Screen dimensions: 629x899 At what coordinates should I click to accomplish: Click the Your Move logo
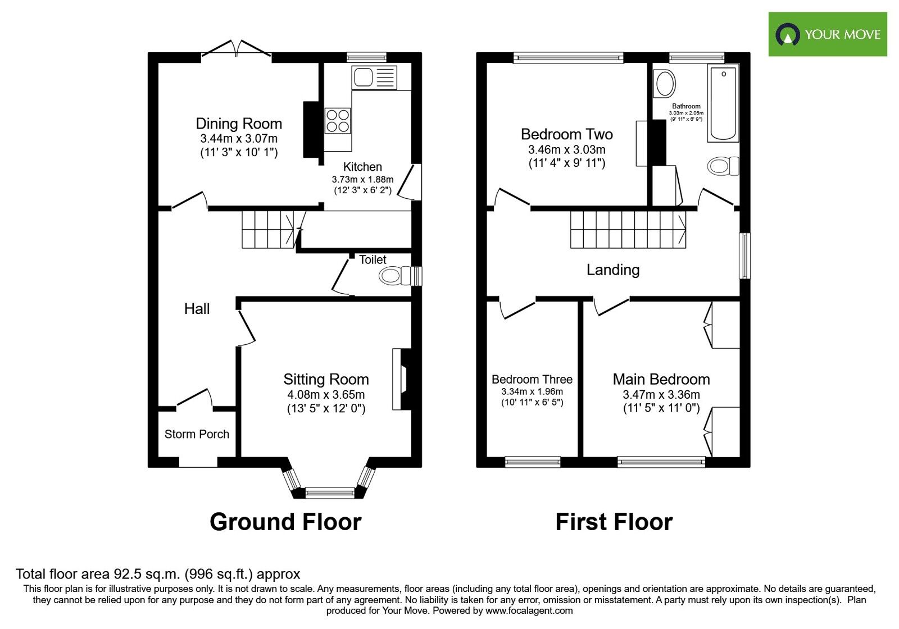(827, 34)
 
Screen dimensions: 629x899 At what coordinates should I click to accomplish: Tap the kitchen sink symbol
(374, 78)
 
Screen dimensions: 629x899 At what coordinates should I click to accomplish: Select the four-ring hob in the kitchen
(338, 121)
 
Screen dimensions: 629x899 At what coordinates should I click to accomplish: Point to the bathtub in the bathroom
(723, 102)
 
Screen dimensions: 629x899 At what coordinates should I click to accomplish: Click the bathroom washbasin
(665, 84)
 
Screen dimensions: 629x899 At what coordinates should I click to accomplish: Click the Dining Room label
(239, 124)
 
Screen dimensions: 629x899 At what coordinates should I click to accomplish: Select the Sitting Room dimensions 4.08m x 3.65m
(326, 394)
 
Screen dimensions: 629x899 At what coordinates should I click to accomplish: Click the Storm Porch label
(197, 434)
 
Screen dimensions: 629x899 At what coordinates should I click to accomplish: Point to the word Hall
(197, 308)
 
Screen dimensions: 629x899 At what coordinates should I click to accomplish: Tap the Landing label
(612, 270)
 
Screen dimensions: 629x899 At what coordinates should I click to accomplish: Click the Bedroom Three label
(532, 380)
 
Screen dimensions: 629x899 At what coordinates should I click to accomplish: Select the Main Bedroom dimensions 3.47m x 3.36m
(661, 394)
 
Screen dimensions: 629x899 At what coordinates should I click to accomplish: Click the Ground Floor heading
(285, 522)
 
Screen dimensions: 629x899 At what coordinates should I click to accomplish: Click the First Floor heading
(614, 522)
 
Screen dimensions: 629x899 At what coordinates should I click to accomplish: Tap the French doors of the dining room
(237, 49)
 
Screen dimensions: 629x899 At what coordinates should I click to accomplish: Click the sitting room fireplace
(402, 380)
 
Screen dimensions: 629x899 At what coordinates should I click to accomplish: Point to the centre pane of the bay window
(330, 493)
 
